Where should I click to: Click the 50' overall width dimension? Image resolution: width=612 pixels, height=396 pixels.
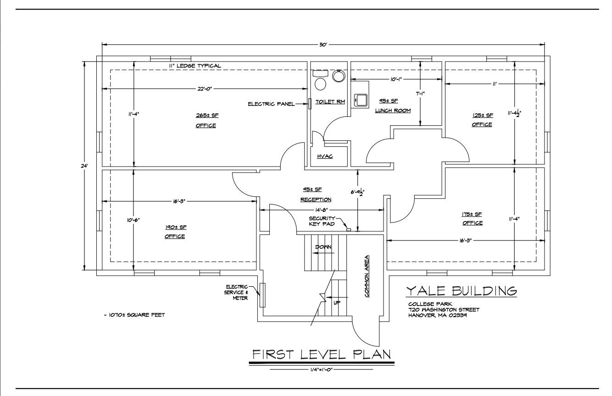pyautogui.click(x=323, y=45)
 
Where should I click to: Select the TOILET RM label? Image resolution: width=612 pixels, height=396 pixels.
pyautogui.click(x=330, y=102)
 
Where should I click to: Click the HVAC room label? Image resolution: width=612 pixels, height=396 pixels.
pyautogui.click(x=325, y=156)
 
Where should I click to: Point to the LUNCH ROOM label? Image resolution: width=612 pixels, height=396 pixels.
pyautogui.click(x=393, y=111)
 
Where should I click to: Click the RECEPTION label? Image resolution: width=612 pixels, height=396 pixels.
pyautogui.click(x=316, y=200)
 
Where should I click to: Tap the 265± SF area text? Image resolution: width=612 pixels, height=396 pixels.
pyautogui.click(x=207, y=115)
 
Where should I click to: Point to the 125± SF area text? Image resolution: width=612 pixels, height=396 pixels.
pyautogui.click(x=483, y=115)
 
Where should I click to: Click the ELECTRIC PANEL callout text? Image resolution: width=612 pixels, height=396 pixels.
pyautogui.click(x=271, y=104)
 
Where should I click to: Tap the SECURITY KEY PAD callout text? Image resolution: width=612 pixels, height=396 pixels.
pyautogui.click(x=322, y=221)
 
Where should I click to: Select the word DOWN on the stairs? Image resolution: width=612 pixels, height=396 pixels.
pyautogui.click(x=323, y=247)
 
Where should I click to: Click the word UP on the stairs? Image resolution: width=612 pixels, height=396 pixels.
pyautogui.click(x=337, y=303)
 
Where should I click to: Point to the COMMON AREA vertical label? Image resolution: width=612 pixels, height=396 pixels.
pyautogui.click(x=367, y=276)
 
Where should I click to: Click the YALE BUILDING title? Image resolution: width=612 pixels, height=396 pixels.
pyautogui.click(x=461, y=291)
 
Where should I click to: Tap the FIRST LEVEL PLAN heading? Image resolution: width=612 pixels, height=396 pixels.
pyautogui.click(x=321, y=354)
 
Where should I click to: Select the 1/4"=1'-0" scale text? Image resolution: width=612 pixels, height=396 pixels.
pyautogui.click(x=321, y=370)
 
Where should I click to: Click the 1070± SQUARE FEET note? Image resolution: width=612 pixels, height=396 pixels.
pyautogui.click(x=134, y=315)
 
